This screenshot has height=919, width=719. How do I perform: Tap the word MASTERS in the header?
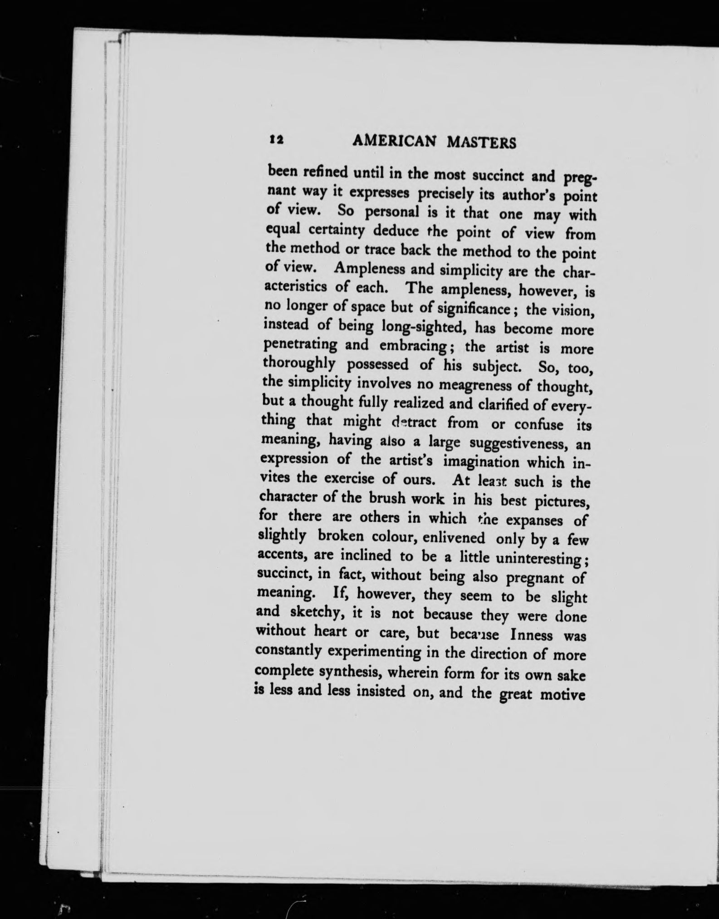pyautogui.click(x=481, y=143)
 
